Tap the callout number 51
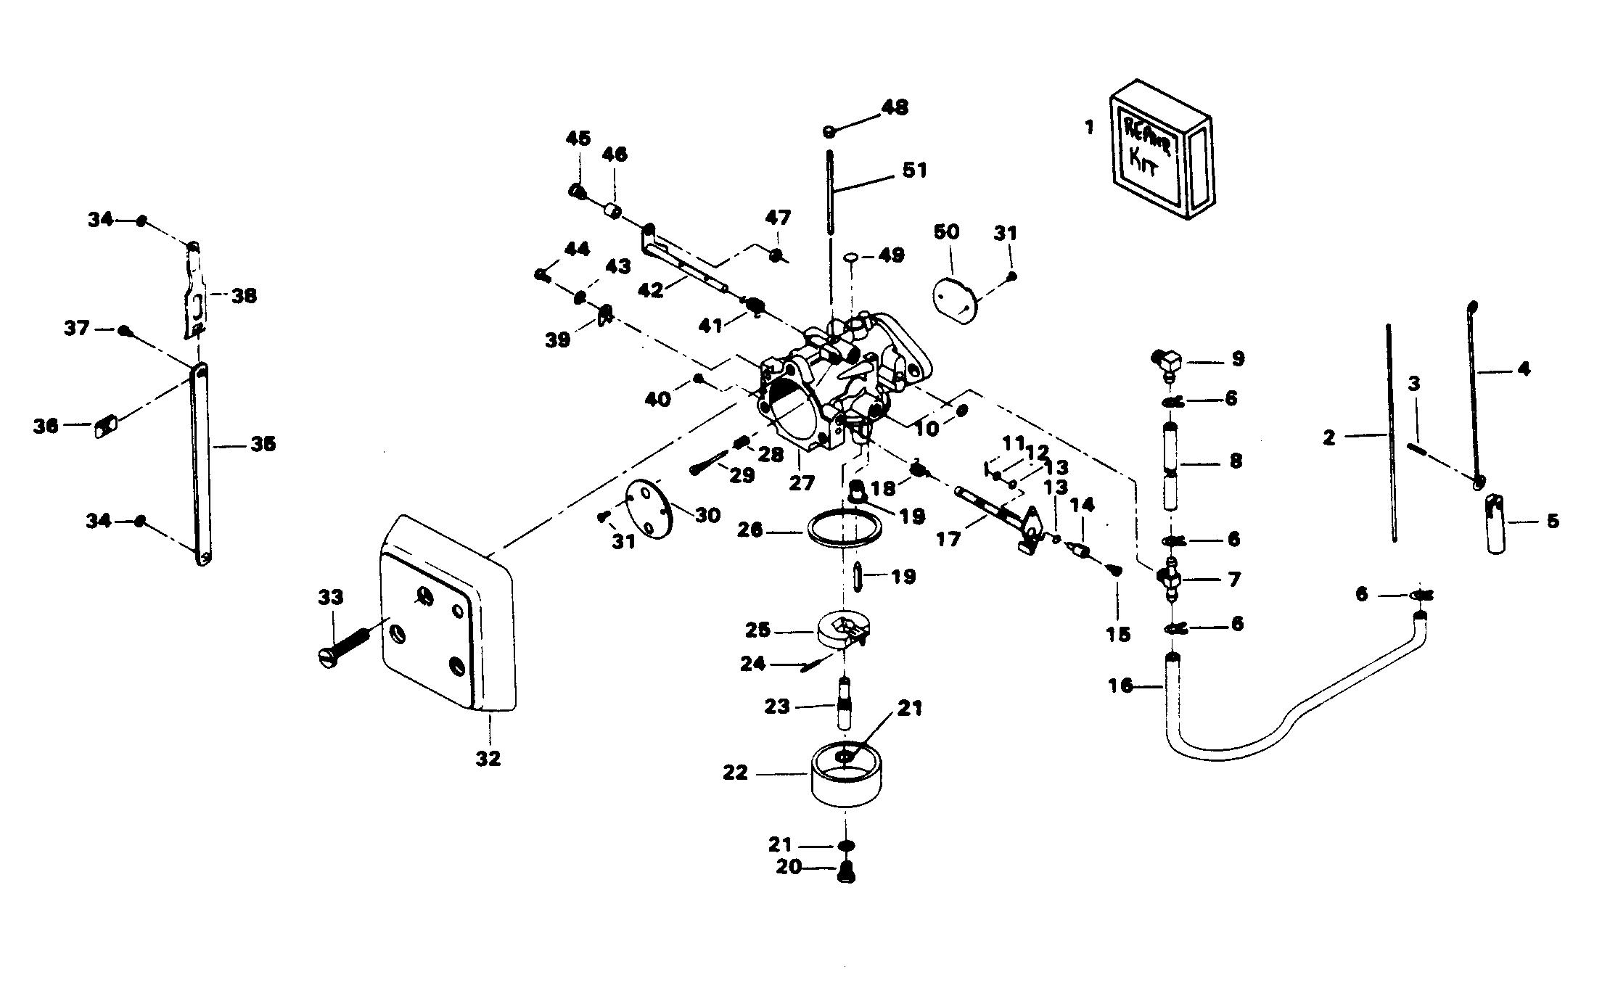click(x=914, y=170)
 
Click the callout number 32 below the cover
click(x=488, y=759)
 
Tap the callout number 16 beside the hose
click(x=1120, y=686)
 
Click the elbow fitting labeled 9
click(x=1167, y=361)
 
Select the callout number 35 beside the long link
click(x=263, y=444)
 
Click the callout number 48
click(x=895, y=107)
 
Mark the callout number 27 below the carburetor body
click(x=802, y=482)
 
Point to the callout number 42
click(x=650, y=290)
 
